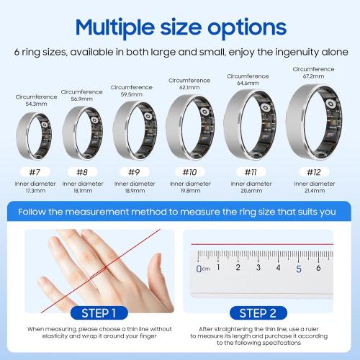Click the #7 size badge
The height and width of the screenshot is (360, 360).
(x=34, y=172)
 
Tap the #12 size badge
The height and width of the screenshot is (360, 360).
(x=313, y=172)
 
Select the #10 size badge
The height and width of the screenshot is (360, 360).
(x=189, y=172)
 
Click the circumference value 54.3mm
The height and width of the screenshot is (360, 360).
(x=34, y=104)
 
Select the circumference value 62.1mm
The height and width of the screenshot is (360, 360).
(x=189, y=88)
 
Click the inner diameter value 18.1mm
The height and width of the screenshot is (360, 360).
(x=82, y=192)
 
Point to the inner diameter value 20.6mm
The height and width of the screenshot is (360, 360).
(x=251, y=192)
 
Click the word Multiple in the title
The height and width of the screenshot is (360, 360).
(x=123, y=29)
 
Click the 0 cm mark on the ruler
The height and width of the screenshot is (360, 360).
(x=199, y=269)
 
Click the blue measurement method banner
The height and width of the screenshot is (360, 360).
(x=180, y=212)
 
